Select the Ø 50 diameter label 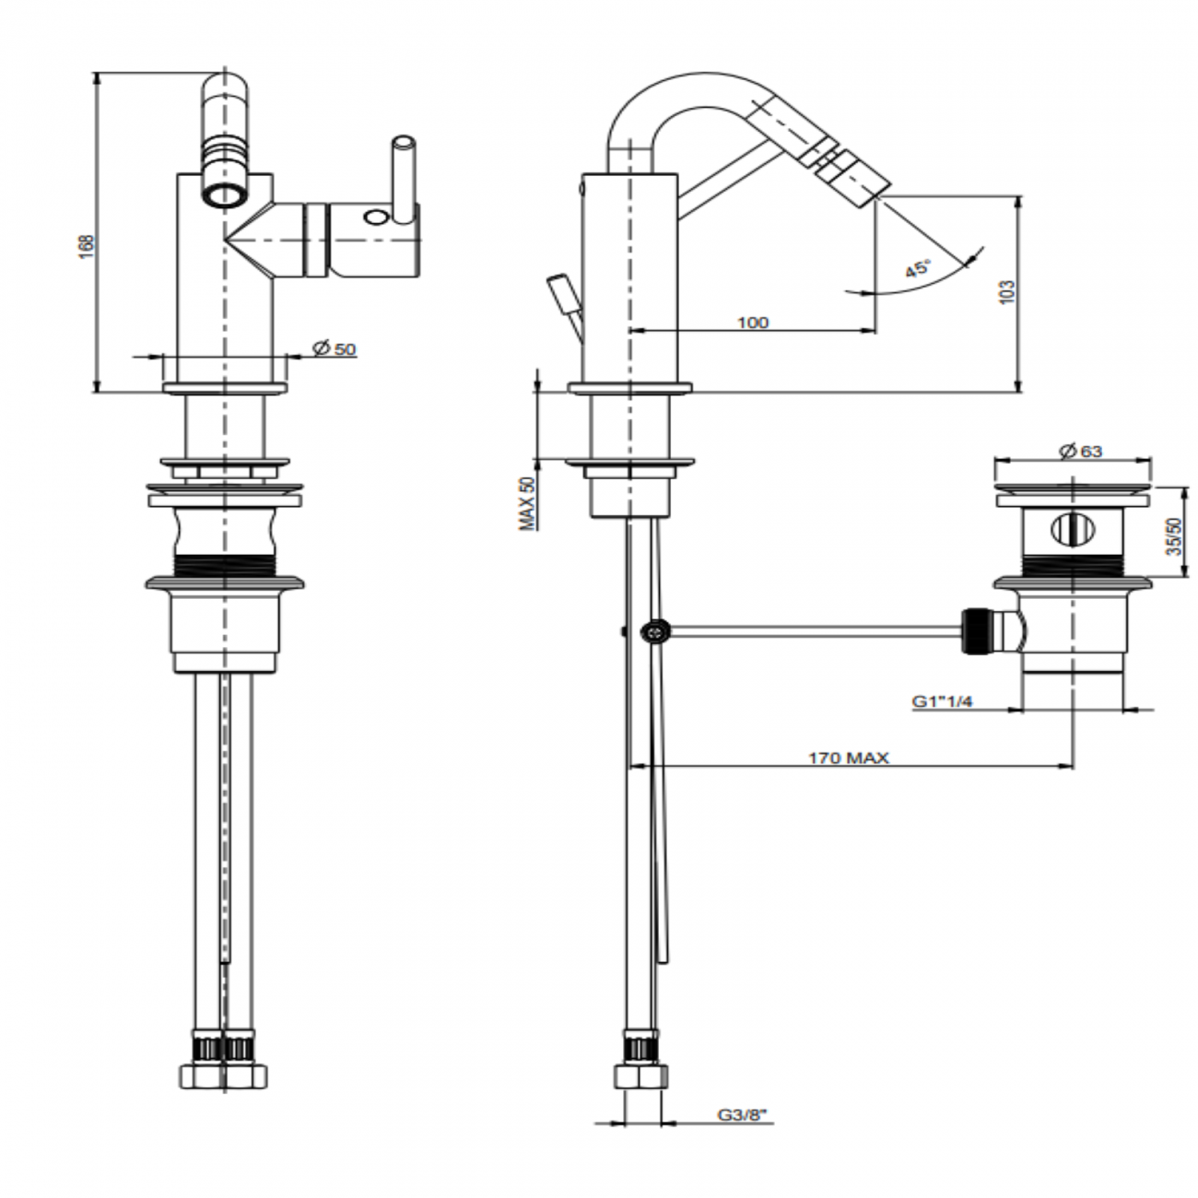click(x=334, y=348)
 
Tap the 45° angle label click(x=917, y=269)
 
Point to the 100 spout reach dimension click(x=752, y=323)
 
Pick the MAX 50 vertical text click(x=528, y=503)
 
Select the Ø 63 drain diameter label click(x=1080, y=451)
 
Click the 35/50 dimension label click(x=1173, y=535)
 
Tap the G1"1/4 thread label click(x=943, y=702)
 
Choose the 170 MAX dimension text click(x=848, y=758)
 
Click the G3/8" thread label click(x=743, y=1116)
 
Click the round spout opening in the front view click(x=223, y=194)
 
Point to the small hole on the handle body click(x=376, y=217)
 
